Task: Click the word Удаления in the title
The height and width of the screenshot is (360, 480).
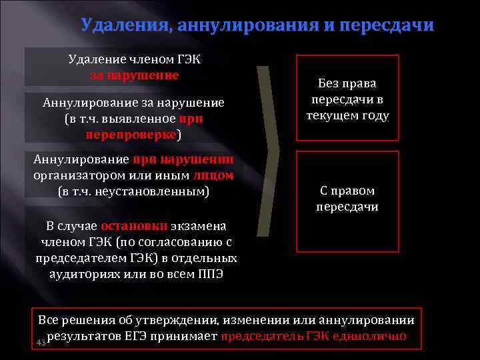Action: pos(123,26)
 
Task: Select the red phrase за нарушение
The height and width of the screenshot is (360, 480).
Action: pos(134,75)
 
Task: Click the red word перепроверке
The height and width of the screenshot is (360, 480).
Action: pos(131,134)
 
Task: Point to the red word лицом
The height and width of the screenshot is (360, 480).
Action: pos(213,175)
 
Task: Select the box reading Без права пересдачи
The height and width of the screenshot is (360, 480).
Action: pos(347,98)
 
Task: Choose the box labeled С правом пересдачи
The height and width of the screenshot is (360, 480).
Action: pos(347,199)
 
